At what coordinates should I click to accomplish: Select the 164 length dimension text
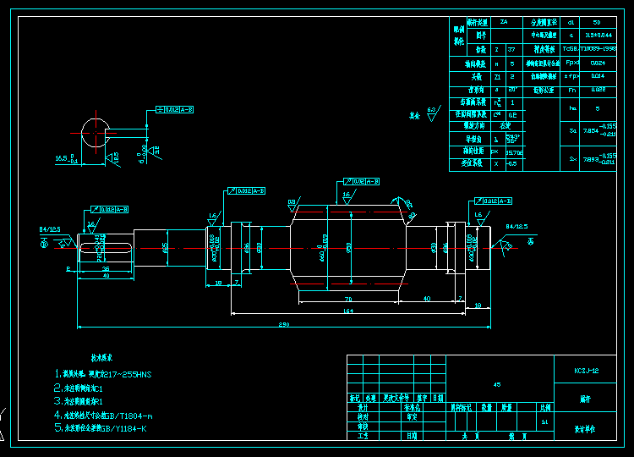(347, 311)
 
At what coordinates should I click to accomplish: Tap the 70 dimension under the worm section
(347, 300)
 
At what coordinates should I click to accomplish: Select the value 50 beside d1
(597, 22)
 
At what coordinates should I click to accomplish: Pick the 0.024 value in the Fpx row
(597, 63)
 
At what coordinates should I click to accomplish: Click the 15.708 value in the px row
(513, 152)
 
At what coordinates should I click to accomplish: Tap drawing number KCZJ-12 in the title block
(586, 370)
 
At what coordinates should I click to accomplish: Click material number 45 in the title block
(495, 384)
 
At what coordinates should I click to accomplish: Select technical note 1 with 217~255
(106, 373)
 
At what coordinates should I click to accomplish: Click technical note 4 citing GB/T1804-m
(106, 416)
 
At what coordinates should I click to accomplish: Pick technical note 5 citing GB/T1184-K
(106, 428)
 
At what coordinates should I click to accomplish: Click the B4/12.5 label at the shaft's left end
(49, 228)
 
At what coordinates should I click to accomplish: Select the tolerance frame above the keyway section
(176, 109)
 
